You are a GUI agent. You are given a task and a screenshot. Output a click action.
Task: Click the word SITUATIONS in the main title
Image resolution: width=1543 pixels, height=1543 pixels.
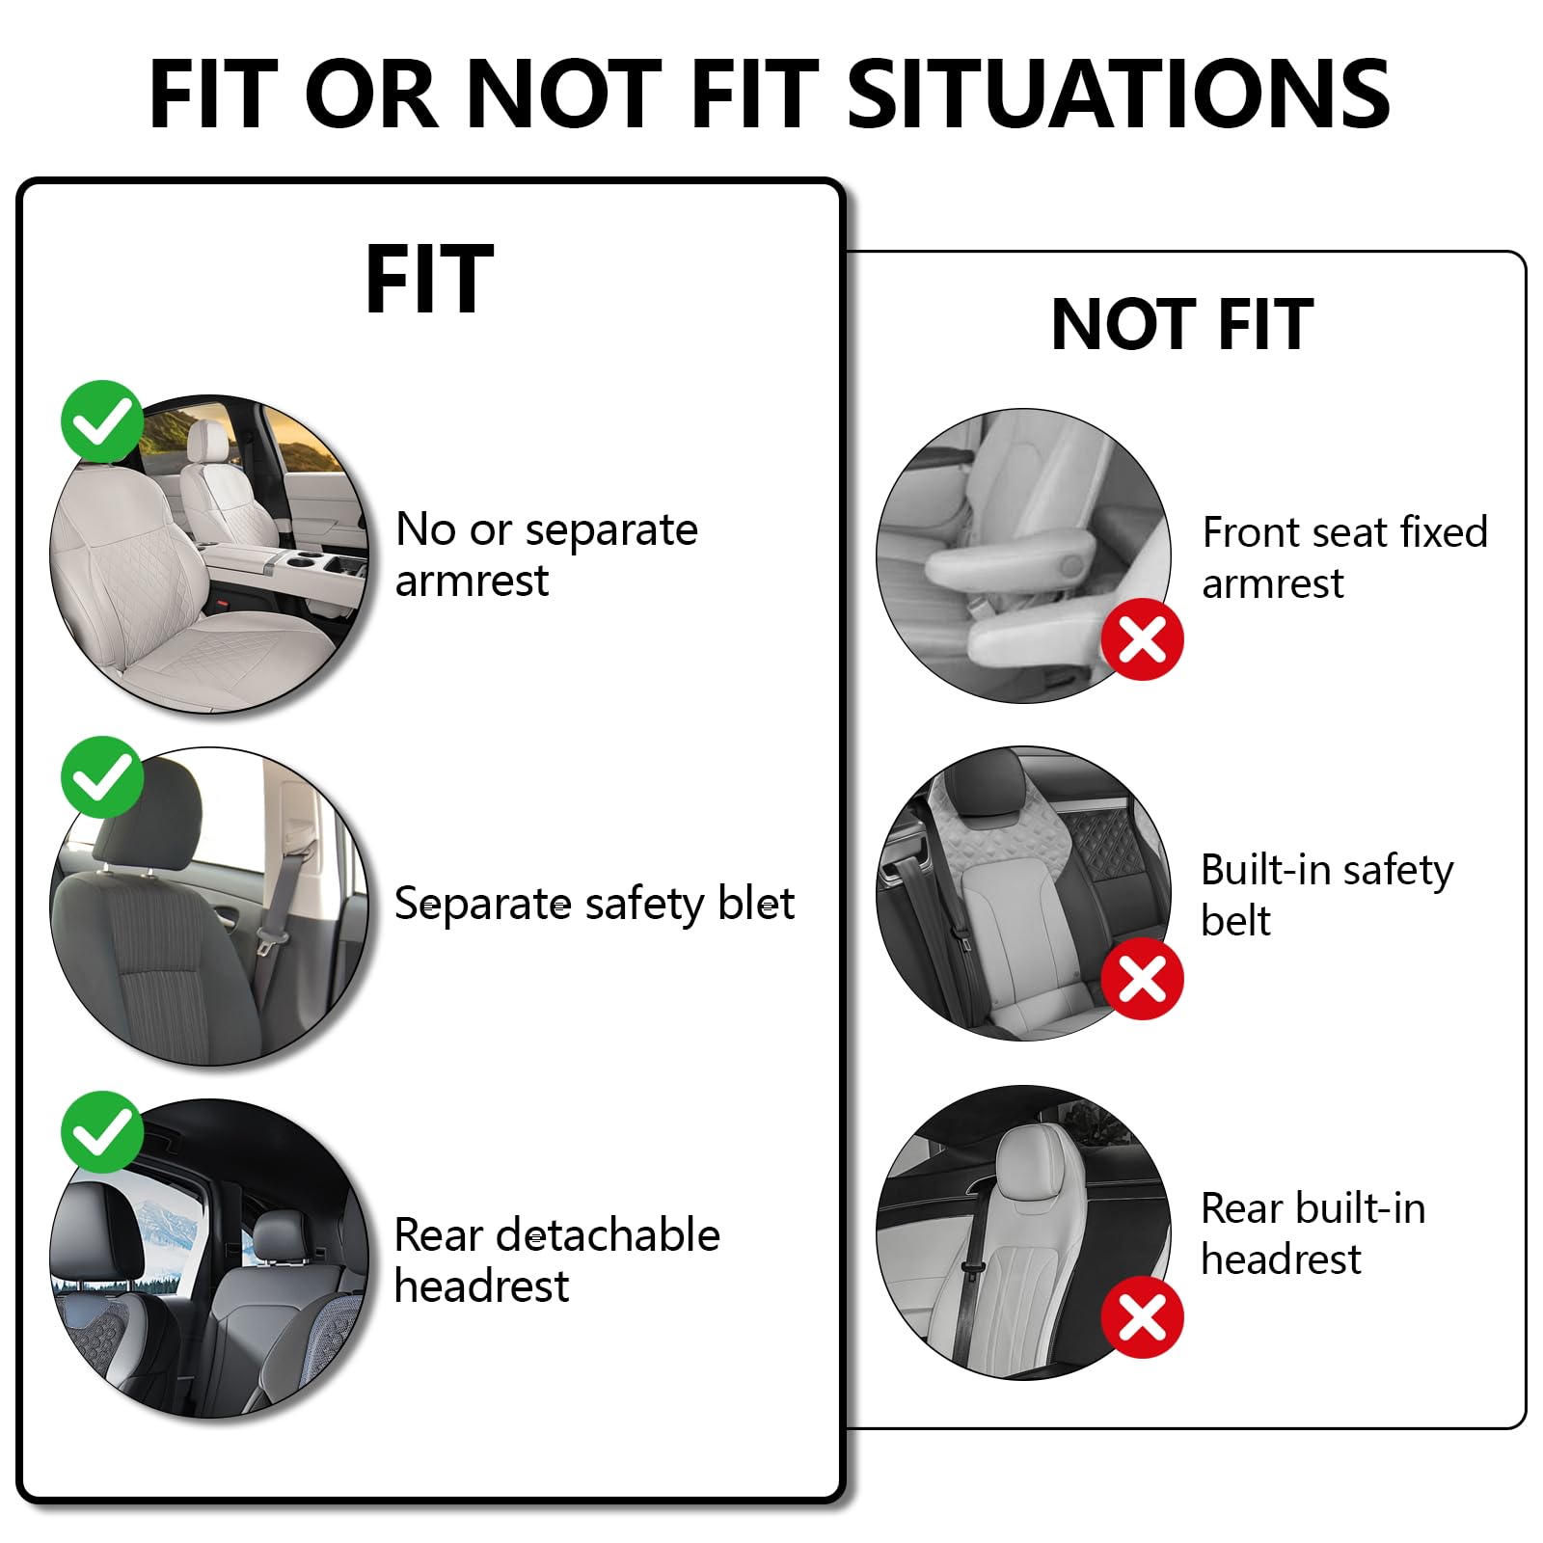[x=1119, y=94]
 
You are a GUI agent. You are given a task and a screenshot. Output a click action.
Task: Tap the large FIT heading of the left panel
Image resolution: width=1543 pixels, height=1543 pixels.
[x=430, y=279]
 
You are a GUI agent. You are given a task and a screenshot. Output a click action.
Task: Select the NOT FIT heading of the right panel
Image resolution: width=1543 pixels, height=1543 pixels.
[x=1182, y=324]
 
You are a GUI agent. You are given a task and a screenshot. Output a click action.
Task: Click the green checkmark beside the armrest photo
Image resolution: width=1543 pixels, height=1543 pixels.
[x=102, y=421]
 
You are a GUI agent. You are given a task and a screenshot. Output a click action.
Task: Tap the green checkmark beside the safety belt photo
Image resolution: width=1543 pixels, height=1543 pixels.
[x=102, y=777]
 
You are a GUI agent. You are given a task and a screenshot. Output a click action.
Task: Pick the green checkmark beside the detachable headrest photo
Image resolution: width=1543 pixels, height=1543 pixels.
[x=102, y=1132]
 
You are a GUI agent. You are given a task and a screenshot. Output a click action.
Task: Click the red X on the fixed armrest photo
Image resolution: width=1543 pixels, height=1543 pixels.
[x=1143, y=638]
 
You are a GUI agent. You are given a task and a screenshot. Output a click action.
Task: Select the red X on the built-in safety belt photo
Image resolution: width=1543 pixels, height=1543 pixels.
[x=1143, y=978]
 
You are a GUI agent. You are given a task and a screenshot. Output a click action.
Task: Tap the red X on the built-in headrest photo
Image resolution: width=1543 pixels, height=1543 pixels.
[x=1143, y=1316]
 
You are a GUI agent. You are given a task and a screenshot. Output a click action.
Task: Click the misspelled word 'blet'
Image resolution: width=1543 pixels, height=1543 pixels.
[x=757, y=904]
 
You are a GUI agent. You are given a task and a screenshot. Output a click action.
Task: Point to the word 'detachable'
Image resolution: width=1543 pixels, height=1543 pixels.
[x=608, y=1234]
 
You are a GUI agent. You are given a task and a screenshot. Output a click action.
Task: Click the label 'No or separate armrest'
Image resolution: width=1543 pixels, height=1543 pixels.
[x=547, y=555]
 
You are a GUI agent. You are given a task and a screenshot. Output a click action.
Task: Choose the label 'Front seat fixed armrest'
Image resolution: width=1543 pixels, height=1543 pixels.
[x=1345, y=557]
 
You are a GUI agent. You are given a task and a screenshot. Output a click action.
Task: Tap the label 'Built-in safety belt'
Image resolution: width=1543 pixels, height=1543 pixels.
[x=1327, y=895]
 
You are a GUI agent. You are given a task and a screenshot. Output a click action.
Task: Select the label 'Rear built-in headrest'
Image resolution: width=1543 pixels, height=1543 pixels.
[x=1313, y=1233]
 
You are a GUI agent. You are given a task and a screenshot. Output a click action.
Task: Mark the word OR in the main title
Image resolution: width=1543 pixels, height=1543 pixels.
[x=377, y=94]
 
